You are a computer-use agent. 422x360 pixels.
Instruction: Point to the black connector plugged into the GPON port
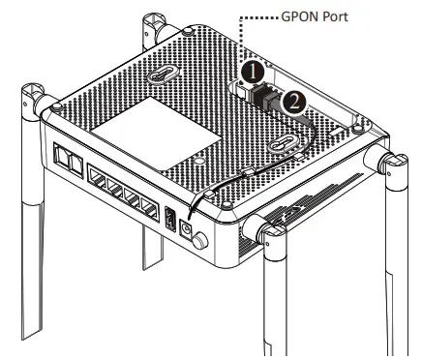(x=263, y=97)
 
